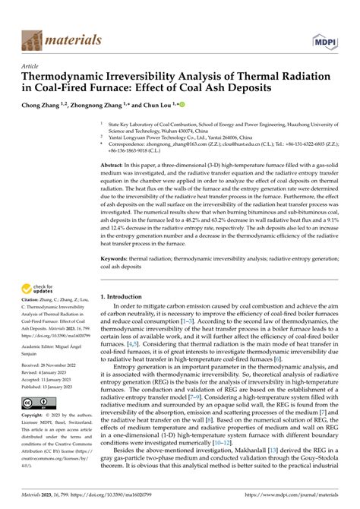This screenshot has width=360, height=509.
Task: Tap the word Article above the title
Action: point(32,67)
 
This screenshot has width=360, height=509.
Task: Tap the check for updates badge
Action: point(40,288)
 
